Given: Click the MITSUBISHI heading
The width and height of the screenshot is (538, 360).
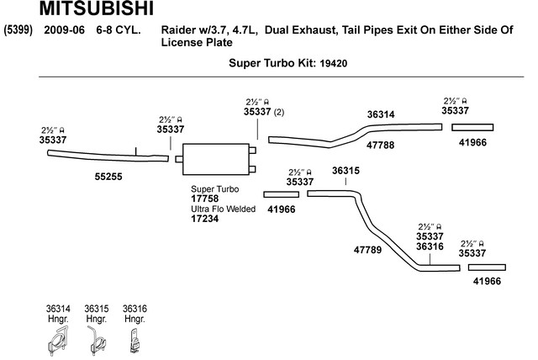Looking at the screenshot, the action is (97, 8).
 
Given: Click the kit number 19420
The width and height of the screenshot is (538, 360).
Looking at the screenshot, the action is (333, 63).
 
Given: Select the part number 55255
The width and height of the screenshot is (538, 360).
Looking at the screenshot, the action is (108, 177).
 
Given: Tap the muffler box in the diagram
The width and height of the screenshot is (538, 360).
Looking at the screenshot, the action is (216, 159).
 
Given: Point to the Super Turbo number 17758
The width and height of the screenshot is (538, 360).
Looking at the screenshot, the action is (205, 199).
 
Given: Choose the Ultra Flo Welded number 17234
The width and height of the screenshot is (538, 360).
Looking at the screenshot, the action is (205, 218).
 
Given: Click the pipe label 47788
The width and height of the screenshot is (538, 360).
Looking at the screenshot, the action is (380, 146).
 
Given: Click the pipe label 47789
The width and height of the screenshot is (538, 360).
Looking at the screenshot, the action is (367, 250).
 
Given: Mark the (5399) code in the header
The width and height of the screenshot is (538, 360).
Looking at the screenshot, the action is (18, 29).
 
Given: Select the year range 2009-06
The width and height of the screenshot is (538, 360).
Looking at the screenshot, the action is (64, 29).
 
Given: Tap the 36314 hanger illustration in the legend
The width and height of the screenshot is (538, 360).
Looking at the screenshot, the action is (58, 341).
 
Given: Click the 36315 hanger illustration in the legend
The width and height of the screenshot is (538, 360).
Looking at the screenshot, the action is (96, 341).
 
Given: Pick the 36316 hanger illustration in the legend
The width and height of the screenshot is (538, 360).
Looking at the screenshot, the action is (135, 341).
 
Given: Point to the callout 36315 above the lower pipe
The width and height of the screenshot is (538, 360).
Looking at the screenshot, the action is (345, 171).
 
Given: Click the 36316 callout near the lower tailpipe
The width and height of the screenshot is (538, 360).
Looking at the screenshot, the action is (430, 246).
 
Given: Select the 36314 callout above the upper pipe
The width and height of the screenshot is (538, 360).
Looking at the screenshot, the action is (381, 114).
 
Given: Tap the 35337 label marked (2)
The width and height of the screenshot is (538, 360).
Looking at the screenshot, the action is (257, 112).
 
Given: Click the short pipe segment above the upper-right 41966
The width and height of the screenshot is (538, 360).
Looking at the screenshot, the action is (472, 128).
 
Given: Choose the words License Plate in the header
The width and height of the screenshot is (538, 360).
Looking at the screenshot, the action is (197, 43).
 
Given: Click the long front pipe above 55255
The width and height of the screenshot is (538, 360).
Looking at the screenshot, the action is (108, 156).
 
